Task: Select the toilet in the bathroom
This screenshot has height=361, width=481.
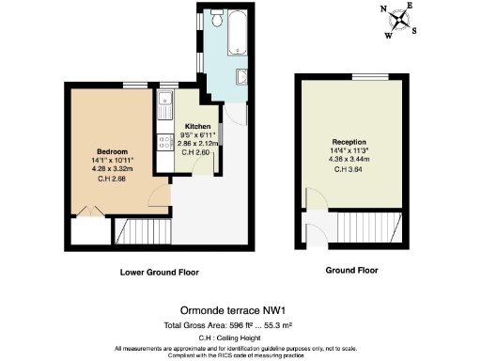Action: tap(216, 19)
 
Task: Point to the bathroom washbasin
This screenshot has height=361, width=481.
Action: tap(241, 79)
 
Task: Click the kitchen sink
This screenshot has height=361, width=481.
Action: tap(165, 112)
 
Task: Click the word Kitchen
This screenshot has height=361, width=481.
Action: tap(197, 126)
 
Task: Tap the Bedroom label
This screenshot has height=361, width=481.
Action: tap(112, 150)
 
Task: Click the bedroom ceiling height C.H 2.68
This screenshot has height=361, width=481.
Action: tap(112, 179)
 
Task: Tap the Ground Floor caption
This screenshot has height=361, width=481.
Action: tap(351, 271)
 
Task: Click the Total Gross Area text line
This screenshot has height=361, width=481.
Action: tap(240, 324)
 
